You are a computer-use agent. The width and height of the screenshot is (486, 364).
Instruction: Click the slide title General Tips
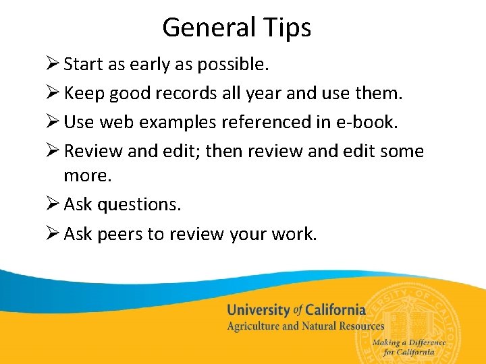(236, 28)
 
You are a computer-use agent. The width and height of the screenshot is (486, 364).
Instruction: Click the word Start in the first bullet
(83, 64)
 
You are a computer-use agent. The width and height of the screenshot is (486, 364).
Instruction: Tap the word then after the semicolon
(224, 151)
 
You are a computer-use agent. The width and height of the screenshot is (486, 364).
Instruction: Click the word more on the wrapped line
(87, 175)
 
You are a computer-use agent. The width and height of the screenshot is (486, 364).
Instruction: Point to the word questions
(140, 204)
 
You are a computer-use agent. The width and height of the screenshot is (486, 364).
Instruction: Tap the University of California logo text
(296, 311)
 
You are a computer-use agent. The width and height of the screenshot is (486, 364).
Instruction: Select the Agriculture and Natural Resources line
(305, 326)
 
